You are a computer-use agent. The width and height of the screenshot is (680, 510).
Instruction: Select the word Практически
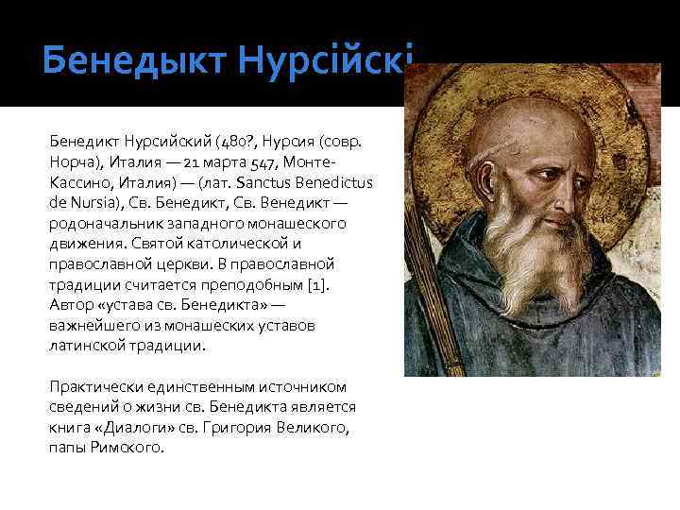(91, 386)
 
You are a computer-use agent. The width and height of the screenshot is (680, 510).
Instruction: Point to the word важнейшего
(92, 326)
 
